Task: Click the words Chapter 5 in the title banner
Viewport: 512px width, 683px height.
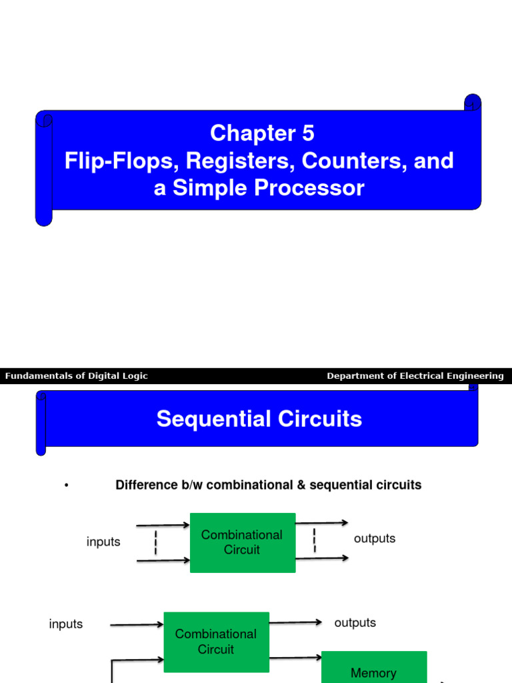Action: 262,133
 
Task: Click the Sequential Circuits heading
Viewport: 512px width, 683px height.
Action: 259,419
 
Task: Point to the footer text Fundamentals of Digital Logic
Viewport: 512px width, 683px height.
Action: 77,376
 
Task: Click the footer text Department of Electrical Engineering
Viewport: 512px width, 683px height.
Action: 415,376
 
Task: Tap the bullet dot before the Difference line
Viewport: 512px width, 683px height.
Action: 67,486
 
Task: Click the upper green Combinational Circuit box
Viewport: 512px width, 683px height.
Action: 243,542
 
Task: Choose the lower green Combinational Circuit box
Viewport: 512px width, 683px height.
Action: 216,642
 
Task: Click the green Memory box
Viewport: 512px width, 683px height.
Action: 373,670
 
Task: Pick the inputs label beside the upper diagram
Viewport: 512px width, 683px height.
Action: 103,542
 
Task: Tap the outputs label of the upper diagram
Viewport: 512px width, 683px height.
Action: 375,538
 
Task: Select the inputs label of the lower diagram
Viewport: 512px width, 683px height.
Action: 66,624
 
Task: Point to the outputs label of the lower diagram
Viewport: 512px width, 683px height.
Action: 355,622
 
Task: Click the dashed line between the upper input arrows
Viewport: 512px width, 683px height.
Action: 156,542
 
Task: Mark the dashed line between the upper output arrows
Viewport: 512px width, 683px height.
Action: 315,540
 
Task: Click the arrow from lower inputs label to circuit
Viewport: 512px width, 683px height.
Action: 137,625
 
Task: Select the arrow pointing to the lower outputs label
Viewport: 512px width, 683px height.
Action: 296,622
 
